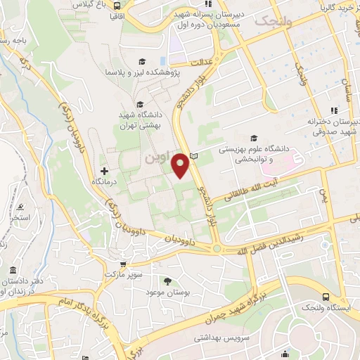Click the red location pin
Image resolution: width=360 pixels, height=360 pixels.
181,165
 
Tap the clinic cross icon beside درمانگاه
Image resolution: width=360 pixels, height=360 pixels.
105,171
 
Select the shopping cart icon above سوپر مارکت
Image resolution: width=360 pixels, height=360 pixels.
123,264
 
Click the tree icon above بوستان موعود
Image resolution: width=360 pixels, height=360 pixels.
170,281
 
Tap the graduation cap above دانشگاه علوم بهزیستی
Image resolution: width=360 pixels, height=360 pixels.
254,138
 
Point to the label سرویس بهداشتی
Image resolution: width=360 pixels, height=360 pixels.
219,338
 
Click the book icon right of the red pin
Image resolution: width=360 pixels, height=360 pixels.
195,155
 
